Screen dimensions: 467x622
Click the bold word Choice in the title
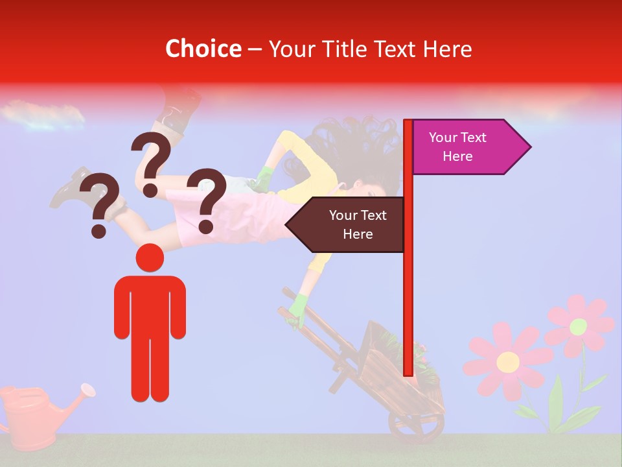tap(203, 49)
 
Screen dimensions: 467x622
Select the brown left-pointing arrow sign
tap(347, 224)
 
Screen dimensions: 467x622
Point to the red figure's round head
tap(150, 257)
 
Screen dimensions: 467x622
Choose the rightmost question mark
tap(207, 200)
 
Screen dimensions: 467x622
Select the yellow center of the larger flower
tap(508, 361)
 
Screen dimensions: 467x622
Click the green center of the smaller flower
tap(578, 326)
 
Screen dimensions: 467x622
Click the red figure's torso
tap(150, 305)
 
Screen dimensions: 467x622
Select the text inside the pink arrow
tap(457, 147)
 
